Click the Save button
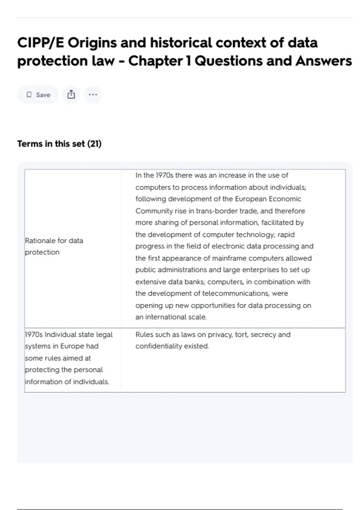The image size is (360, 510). [38, 95]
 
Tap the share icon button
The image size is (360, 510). [71, 95]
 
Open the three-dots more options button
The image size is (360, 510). [93, 95]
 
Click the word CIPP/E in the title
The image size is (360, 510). [40, 43]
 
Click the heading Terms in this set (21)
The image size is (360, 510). [59, 144]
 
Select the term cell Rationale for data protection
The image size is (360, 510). [54, 246]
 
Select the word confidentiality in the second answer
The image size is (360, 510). [159, 346]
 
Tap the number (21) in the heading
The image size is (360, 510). [94, 144]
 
